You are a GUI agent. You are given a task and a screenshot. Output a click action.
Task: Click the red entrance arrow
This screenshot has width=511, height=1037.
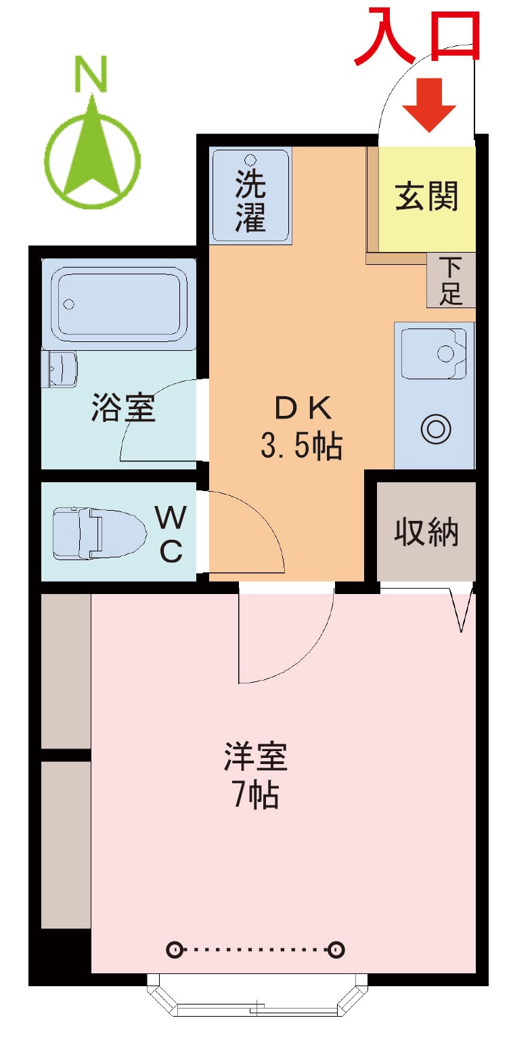click(x=428, y=104)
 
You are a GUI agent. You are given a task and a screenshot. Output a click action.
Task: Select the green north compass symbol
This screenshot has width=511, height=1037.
click(x=93, y=153)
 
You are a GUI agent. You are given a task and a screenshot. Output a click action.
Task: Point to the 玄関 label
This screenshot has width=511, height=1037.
click(x=426, y=196)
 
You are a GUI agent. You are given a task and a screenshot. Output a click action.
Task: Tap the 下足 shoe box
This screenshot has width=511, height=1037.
click(x=451, y=280)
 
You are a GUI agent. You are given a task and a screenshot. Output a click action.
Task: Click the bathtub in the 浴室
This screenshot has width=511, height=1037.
click(x=119, y=303)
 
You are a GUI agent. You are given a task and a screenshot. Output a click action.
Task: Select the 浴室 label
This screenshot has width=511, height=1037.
click(x=123, y=407)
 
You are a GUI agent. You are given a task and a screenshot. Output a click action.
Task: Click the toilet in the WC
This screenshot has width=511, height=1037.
click(x=99, y=533)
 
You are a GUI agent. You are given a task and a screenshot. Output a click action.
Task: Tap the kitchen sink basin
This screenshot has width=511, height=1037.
click(x=433, y=354)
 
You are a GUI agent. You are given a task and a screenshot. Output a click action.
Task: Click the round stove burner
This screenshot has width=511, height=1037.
click(x=436, y=429)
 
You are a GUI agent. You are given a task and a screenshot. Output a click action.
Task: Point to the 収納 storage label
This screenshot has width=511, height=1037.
click(x=426, y=532)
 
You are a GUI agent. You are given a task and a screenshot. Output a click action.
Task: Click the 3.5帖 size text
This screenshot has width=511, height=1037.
click(x=301, y=446)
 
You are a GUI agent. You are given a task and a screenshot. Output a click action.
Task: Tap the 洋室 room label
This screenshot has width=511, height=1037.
click(x=256, y=757)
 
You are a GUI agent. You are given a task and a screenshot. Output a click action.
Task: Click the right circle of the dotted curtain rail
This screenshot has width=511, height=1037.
click(x=336, y=950)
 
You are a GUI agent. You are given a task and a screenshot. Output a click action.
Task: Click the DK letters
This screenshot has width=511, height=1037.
click(x=303, y=408)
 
